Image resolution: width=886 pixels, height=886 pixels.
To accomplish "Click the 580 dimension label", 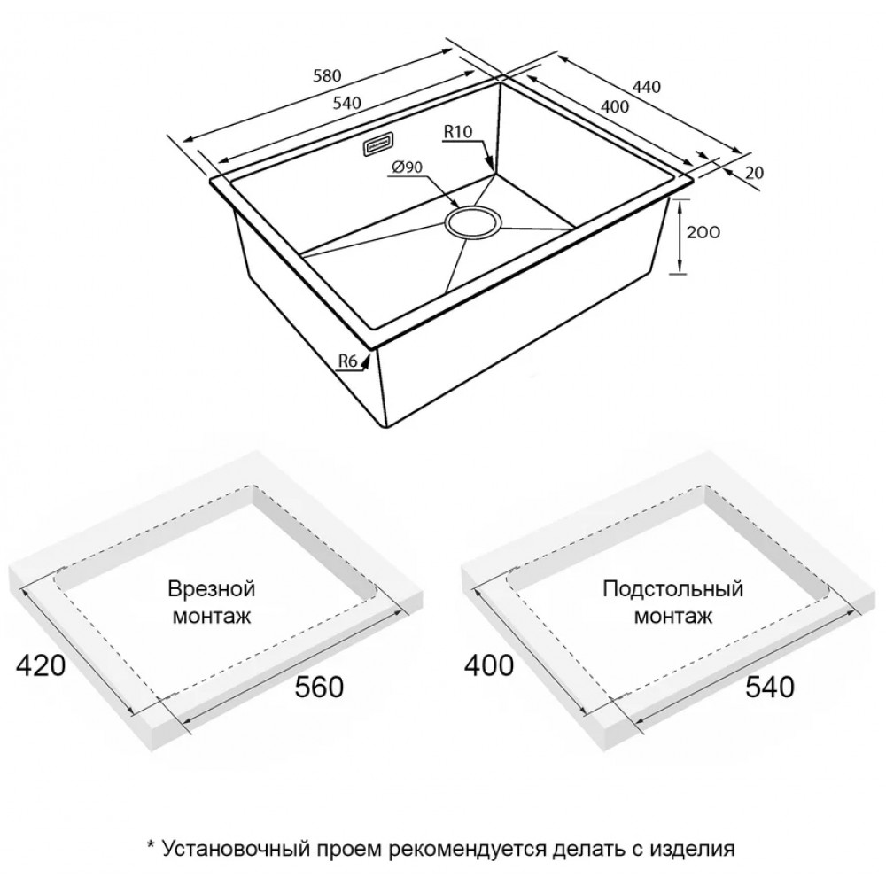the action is pos(327,75).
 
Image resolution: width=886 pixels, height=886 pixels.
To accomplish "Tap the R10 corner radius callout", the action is pos(458,132).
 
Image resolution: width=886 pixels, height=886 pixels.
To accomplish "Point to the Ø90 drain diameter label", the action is pos(407,167).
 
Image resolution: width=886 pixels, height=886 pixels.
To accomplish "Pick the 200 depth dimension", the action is pos(703,232).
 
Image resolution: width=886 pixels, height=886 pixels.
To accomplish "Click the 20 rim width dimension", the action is pos(754,173).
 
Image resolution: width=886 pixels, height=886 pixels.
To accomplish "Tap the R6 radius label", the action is pos(348,361).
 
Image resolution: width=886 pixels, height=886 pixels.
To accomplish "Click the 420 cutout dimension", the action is pos(42,665).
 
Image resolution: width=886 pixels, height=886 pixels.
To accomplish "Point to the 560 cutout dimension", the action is pos(319,688).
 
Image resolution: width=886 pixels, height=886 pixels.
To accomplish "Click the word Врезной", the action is pos(212,589).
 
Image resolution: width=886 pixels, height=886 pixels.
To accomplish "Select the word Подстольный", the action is pos(672,589).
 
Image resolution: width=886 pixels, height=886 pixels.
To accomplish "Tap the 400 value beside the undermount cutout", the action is pos(489,665).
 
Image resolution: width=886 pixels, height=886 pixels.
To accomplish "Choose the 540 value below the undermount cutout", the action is pos(770,688).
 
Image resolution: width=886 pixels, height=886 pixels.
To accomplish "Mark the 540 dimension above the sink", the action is pos(346,104).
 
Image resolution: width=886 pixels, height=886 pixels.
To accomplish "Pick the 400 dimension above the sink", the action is pos(614,105).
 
